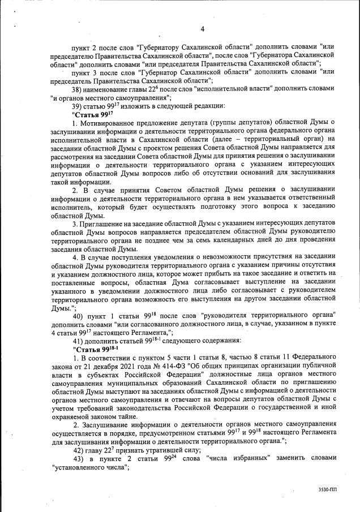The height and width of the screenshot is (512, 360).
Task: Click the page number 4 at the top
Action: [x=202, y=29]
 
